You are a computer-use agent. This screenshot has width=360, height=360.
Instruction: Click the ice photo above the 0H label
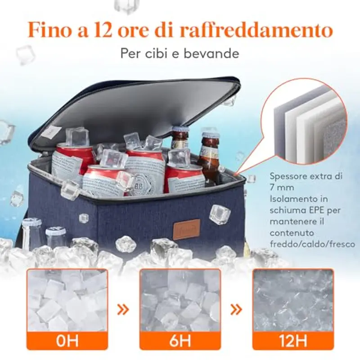pyautogui.click(x=67, y=300)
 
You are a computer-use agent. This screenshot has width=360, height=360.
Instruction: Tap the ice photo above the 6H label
pyautogui.click(x=180, y=300)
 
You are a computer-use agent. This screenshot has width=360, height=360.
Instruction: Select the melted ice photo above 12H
pyautogui.click(x=293, y=300)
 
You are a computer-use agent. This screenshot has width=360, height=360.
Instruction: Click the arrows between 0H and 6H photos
pyautogui.click(x=123, y=309)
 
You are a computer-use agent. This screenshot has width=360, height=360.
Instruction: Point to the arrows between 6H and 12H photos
pyautogui.click(x=236, y=309)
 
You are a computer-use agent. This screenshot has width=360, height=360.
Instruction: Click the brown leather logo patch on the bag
pyautogui.click(x=186, y=229)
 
